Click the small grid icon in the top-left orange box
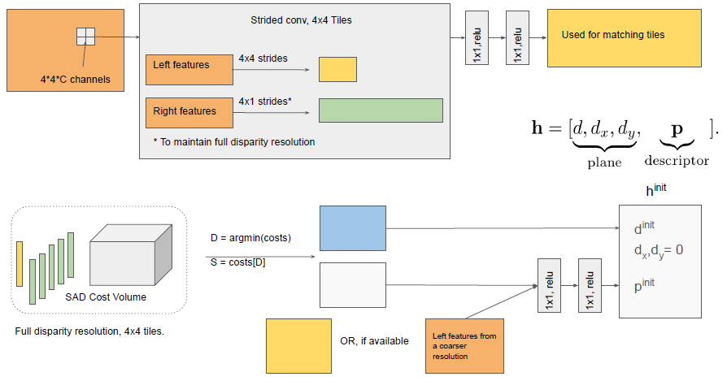pos(85,37)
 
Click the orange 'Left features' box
pos(189,70)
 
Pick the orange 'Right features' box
pos(189,112)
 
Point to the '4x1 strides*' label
pos(265,102)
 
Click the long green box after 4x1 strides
pos(381,110)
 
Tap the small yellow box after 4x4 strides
pos(337,69)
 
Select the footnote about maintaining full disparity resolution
pos(233,141)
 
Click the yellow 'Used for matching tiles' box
pos(624,37)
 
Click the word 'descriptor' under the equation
pos(677,161)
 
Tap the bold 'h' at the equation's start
pos(539,128)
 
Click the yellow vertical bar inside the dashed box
pos(20,264)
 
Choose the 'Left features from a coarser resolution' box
pos(464,345)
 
